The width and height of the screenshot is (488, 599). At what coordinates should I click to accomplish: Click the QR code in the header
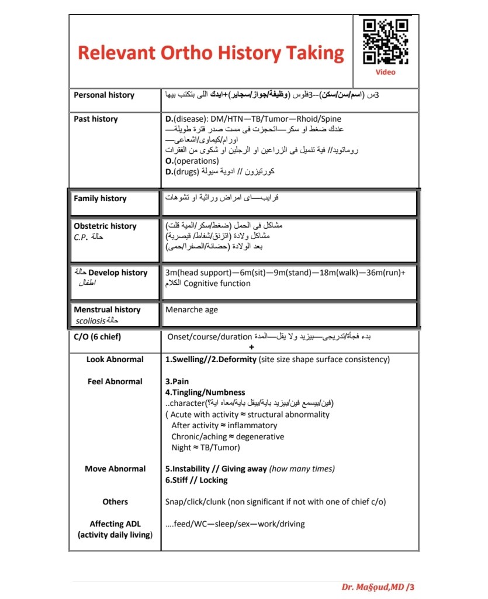click(385, 41)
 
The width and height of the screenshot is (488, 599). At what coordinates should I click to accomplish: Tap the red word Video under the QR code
click(385, 73)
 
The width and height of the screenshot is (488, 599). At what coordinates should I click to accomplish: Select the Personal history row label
click(104, 95)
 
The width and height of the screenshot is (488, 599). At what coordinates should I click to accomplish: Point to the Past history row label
click(96, 119)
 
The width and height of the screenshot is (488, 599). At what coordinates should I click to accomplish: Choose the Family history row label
click(100, 199)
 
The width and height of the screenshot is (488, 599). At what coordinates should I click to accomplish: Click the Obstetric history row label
click(105, 226)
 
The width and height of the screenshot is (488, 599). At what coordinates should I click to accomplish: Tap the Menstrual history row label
click(107, 310)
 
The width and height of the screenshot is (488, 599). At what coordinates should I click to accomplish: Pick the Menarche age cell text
click(192, 310)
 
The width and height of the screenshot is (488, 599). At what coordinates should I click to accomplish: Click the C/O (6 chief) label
click(98, 337)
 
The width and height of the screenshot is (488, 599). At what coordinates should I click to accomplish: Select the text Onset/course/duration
click(209, 337)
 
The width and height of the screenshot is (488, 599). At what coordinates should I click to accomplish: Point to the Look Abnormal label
click(115, 360)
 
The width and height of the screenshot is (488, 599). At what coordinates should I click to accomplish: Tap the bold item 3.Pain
click(177, 381)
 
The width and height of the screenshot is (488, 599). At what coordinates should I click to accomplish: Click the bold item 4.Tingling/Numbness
click(205, 393)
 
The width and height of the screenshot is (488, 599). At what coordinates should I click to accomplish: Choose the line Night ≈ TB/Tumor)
click(206, 448)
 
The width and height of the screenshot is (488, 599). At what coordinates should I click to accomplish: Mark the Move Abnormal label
click(115, 469)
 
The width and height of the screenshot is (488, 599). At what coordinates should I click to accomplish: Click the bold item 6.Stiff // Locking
click(196, 480)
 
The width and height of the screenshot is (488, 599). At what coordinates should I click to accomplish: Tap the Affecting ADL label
click(115, 524)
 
